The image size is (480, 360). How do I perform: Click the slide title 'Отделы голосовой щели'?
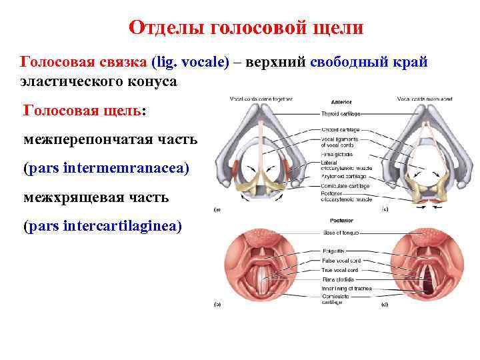coord(246,27)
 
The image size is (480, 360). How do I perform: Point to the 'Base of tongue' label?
coord(341,233)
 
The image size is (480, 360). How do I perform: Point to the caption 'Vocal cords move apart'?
coord(424,99)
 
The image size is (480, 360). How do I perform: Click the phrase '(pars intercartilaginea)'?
coord(102,226)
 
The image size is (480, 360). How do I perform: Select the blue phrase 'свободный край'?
coord(365,62)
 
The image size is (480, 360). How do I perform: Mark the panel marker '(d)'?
coord(386,305)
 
